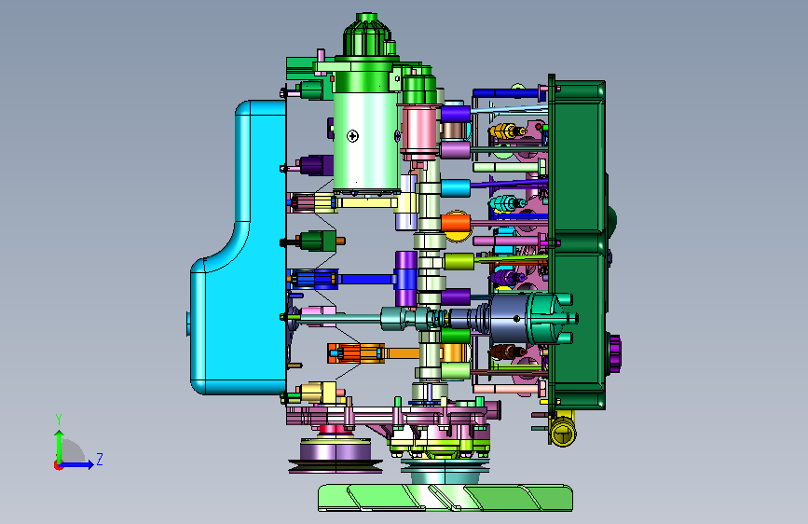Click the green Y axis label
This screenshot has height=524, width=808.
click(x=59, y=420)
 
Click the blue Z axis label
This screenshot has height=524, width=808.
click(x=100, y=459)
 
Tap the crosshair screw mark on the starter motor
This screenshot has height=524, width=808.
click(x=352, y=136)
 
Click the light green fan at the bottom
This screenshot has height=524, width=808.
click(x=445, y=498)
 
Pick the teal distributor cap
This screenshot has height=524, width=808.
click(x=551, y=318)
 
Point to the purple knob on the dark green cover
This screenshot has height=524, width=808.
click(x=615, y=353)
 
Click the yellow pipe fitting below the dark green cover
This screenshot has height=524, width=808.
click(x=563, y=429)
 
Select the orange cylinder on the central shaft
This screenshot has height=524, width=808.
click(x=456, y=224)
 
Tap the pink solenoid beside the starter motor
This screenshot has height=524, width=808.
click(x=419, y=131)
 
